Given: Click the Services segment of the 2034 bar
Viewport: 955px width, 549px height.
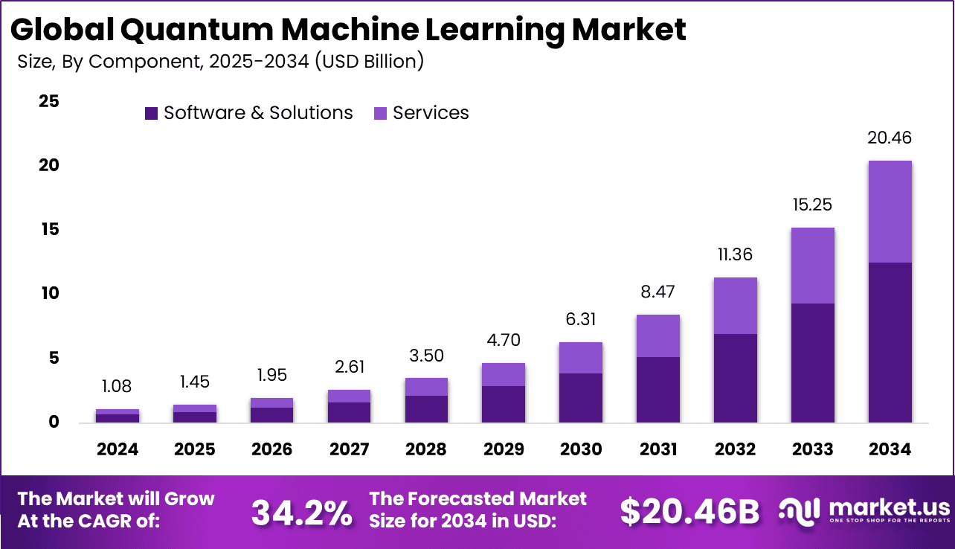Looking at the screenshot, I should click(890, 211).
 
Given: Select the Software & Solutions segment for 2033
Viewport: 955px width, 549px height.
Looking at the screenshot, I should click(812, 362).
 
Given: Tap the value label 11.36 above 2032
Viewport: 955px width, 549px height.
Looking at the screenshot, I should click(735, 254).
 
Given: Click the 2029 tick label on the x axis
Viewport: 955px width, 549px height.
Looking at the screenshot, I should click(504, 449).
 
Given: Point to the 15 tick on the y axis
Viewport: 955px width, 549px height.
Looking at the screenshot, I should click(48, 230).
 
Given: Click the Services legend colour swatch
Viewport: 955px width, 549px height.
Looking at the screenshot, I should click(379, 113).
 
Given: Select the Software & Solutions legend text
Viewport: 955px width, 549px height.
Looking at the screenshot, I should click(258, 113).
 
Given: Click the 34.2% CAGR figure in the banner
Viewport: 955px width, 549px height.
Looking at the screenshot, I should click(302, 512).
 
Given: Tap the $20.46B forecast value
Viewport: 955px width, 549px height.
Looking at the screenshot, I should click(689, 512).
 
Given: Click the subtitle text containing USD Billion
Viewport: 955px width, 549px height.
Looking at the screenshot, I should click(220, 61).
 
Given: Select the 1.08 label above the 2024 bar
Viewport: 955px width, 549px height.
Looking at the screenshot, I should click(118, 387).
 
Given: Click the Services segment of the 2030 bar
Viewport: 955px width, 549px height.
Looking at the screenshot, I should click(581, 358).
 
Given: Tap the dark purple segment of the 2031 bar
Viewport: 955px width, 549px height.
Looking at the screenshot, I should click(658, 389).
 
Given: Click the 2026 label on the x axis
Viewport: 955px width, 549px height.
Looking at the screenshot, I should click(271, 449).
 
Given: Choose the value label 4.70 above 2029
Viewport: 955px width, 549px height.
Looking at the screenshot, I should click(504, 341).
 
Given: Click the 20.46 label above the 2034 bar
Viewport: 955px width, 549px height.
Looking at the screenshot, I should click(890, 138).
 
